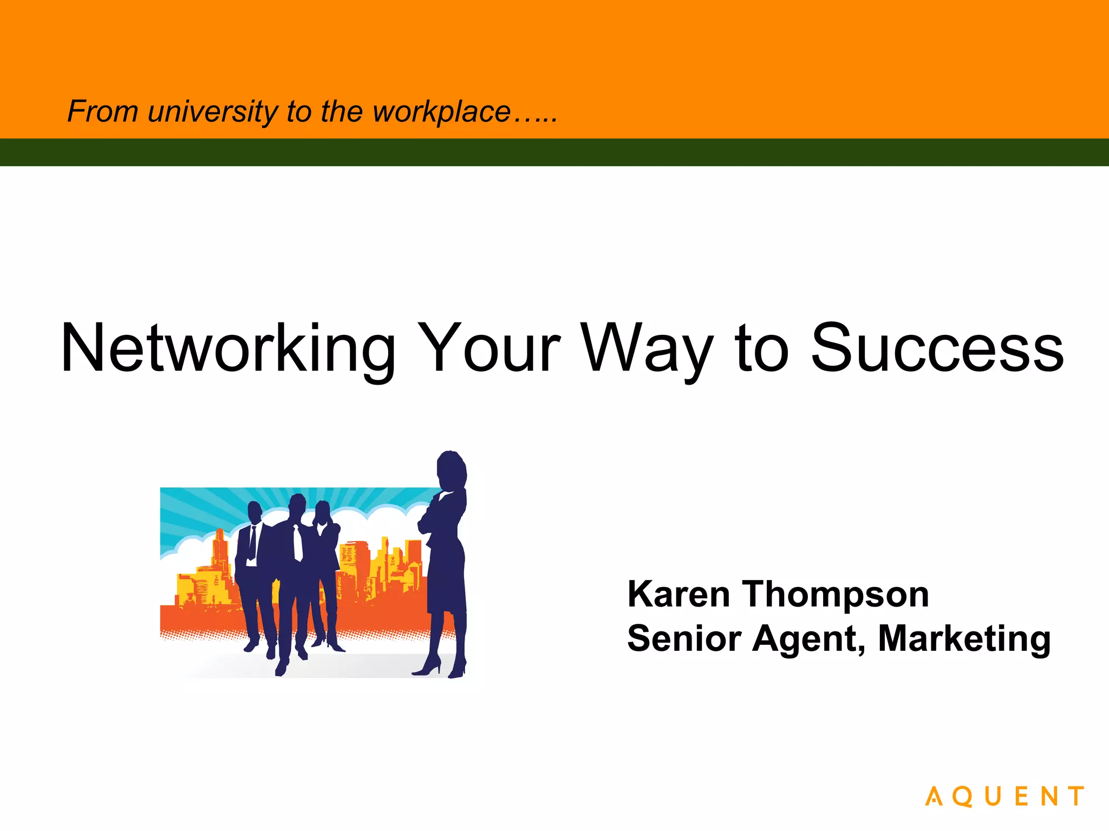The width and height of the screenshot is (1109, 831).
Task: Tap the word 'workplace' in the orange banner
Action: (441, 112)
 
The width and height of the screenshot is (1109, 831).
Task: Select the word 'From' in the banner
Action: (102, 111)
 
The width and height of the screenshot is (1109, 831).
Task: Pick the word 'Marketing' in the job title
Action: (964, 639)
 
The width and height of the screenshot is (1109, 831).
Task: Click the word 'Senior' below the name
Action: (684, 638)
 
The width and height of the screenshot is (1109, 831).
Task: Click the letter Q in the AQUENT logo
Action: (962, 797)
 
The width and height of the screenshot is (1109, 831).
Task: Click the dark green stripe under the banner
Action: (554, 152)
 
